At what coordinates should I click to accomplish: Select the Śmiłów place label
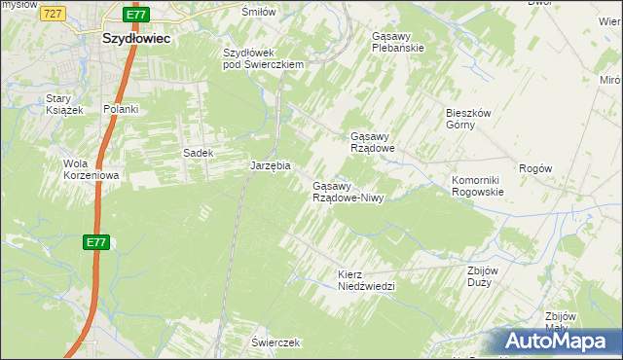click(259, 11)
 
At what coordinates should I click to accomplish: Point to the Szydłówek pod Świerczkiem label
click(265, 58)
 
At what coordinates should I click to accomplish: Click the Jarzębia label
click(271, 165)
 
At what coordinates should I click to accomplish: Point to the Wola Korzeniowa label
click(91, 169)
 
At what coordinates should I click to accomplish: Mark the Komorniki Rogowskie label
click(477, 186)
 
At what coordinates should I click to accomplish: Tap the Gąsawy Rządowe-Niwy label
click(348, 192)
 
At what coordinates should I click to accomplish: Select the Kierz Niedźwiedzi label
click(365, 280)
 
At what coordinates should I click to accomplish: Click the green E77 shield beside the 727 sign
click(137, 16)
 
